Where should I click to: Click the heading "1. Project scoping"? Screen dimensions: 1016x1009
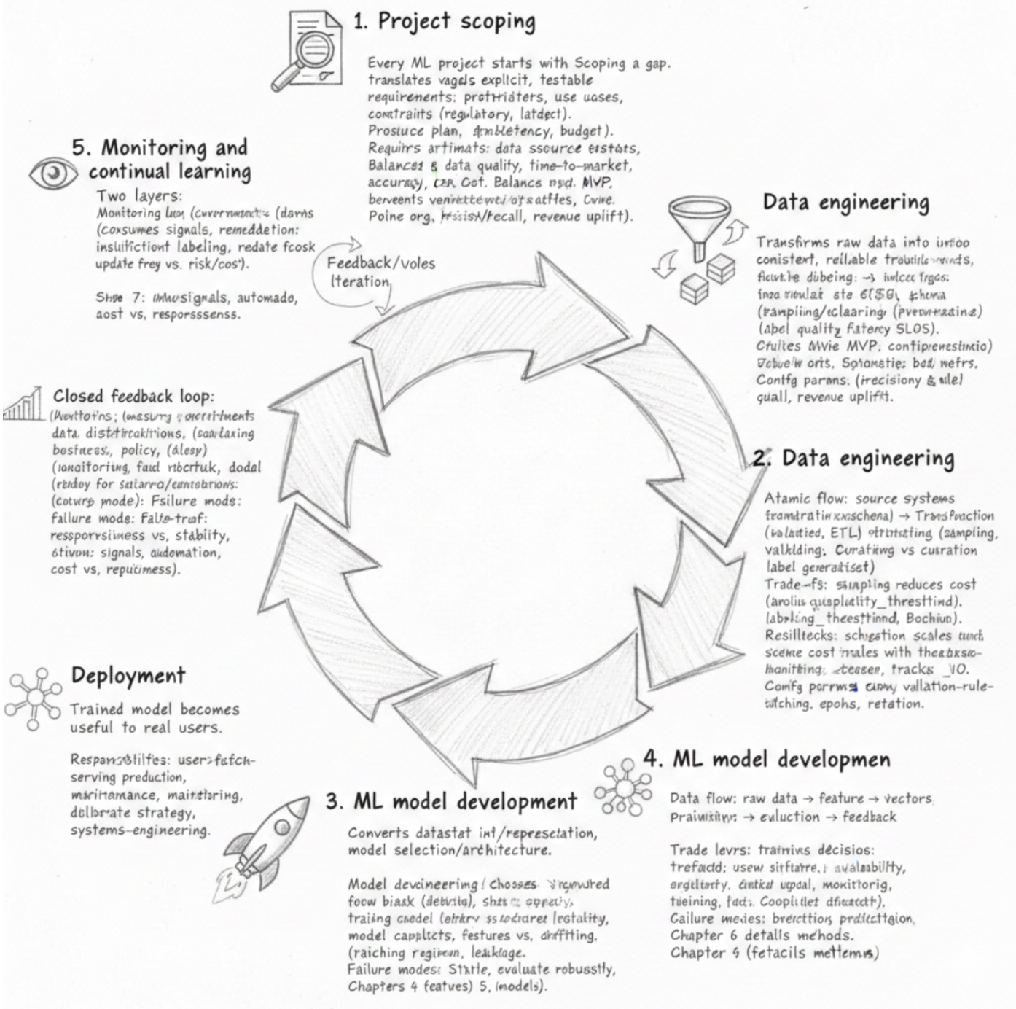444,22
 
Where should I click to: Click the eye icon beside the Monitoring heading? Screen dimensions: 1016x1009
53,174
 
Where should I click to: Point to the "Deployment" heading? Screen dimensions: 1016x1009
128,676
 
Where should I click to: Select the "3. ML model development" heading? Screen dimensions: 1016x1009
451,802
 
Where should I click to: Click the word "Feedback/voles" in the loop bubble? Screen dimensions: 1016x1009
380,263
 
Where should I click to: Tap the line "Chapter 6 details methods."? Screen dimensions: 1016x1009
762,935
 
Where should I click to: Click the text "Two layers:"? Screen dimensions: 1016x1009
139,195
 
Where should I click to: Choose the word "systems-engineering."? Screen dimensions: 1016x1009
139,830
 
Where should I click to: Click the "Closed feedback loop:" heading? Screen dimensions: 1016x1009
133,397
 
